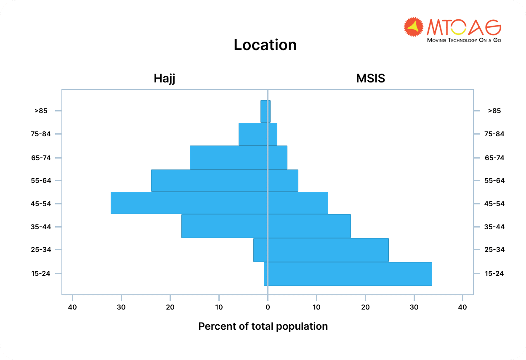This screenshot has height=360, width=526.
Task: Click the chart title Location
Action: point(265,45)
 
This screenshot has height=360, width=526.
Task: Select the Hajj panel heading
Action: point(164,79)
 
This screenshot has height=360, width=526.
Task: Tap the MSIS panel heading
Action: point(370,79)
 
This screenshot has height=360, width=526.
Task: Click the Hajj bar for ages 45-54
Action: point(189,203)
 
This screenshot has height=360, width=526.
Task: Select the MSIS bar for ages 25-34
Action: point(328,250)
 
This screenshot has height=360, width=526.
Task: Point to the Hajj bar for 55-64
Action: point(209,180)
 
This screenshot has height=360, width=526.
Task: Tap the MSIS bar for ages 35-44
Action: point(309,226)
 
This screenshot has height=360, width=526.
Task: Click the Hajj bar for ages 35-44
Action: point(224,226)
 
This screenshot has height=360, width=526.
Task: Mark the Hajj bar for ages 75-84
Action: point(253,134)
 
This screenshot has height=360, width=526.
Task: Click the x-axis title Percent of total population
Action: point(263,326)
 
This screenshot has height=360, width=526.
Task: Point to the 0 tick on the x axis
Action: point(268,307)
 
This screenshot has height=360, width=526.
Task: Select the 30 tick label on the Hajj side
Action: point(121,307)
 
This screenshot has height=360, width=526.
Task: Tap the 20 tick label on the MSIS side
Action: point(365,307)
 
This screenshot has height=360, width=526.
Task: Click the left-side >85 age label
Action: point(41,111)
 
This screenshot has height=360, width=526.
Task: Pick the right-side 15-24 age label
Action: point(494,273)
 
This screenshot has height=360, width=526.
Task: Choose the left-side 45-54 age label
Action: point(41,204)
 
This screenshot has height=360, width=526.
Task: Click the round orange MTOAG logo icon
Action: point(413,27)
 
